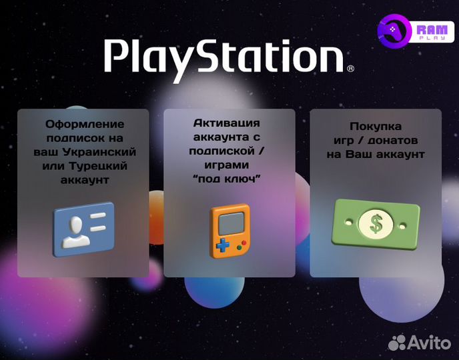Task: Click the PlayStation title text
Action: point(224,56)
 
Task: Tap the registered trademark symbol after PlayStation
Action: point(350,68)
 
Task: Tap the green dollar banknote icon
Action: point(376,223)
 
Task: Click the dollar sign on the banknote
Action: point(376,223)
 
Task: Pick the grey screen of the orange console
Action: point(229,221)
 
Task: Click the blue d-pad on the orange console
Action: point(220,246)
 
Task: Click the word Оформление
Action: point(85,124)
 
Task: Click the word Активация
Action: point(226,124)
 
